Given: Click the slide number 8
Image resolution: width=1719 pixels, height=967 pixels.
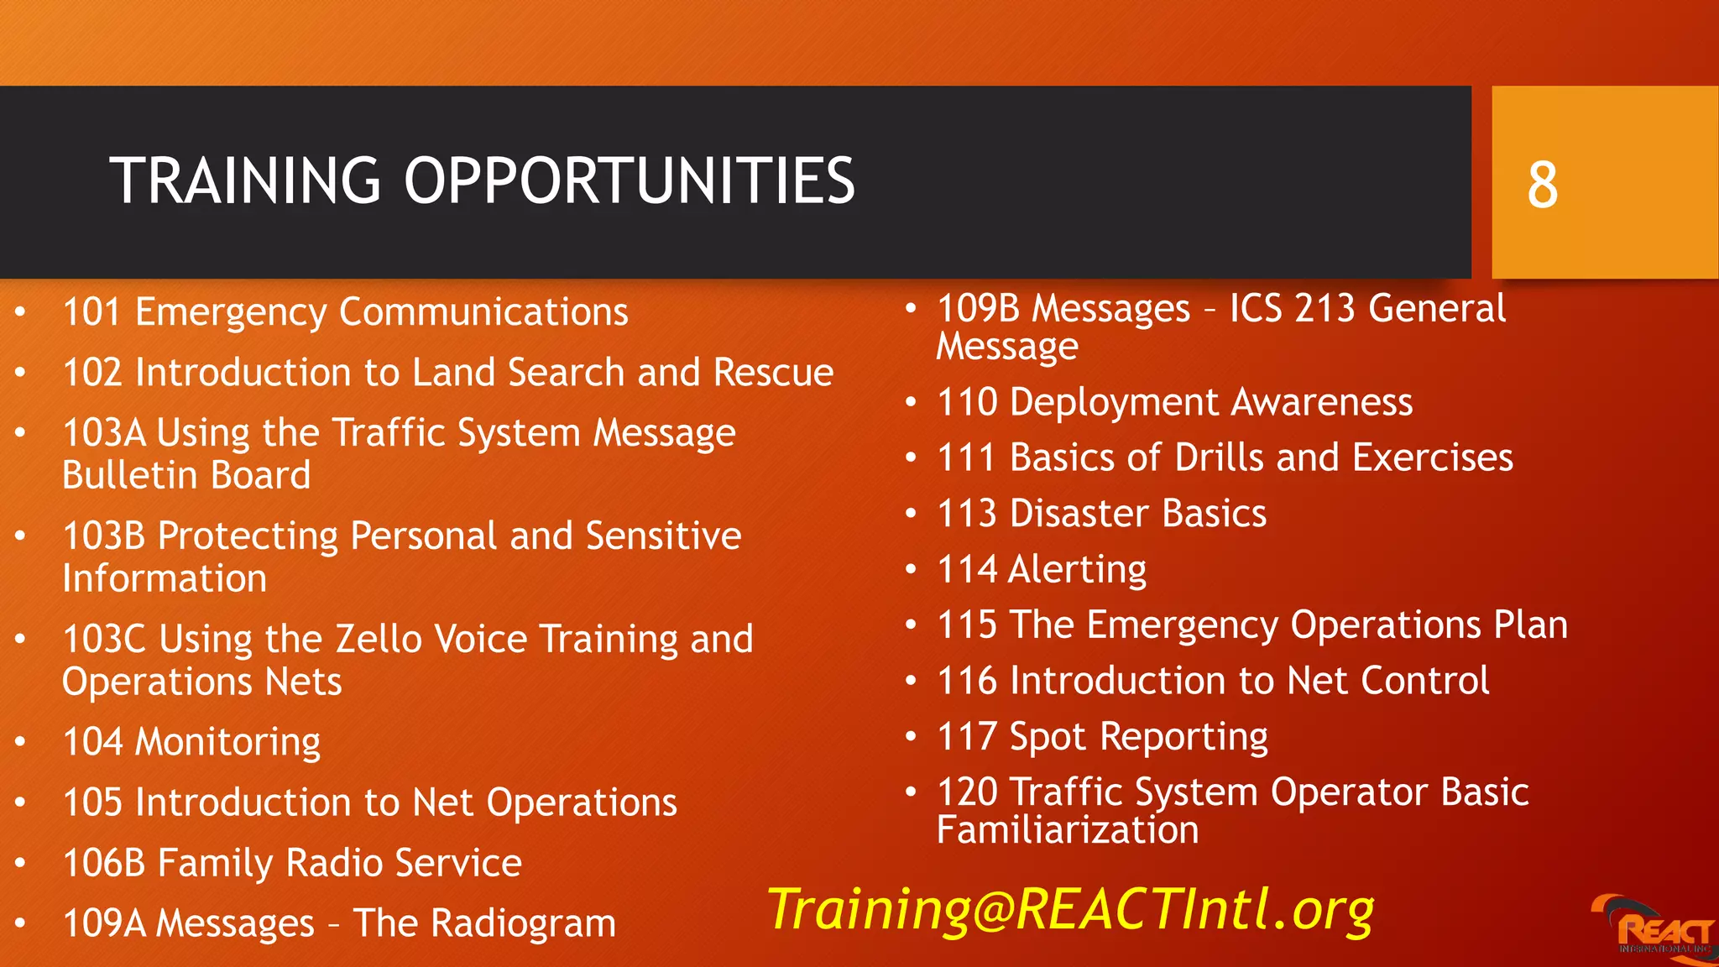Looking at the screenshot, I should tap(1542, 185).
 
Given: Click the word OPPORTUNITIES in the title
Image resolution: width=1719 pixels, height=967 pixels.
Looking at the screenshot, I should tap(629, 181).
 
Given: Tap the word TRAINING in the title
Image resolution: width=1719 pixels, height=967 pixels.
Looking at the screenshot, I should tap(245, 181).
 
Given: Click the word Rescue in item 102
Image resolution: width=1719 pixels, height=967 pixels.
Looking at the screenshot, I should tap(772, 373).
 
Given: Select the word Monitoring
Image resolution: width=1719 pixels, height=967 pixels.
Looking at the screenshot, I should tap(227, 742).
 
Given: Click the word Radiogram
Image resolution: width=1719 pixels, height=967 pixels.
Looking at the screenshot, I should tap(523, 924).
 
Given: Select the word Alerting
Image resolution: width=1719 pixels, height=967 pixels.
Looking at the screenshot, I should tap(1077, 570).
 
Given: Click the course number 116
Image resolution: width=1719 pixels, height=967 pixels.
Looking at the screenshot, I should tap(966, 681).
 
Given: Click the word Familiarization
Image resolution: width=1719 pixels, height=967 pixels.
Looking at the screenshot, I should tap(1067, 831).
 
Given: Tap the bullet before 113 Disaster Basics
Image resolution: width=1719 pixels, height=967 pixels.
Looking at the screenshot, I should tap(911, 514).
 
